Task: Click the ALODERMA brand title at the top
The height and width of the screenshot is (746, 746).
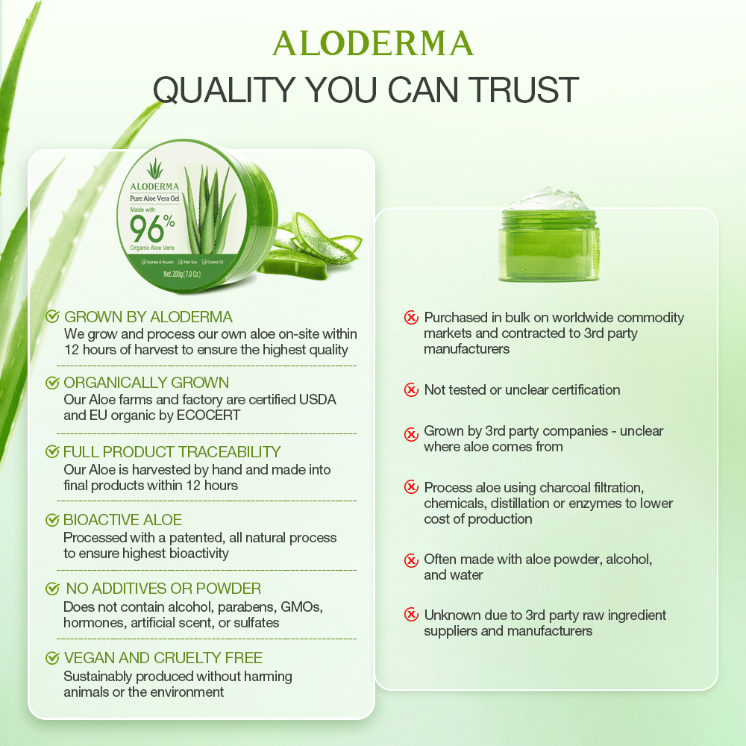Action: (x=373, y=44)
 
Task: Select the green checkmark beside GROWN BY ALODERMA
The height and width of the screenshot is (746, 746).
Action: (x=53, y=317)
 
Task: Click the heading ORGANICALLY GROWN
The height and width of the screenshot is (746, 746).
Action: (x=146, y=383)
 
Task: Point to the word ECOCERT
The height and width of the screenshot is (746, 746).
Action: (x=209, y=416)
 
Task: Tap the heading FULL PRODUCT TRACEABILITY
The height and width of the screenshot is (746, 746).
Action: (x=172, y=451)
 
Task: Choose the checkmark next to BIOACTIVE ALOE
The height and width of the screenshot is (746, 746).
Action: (x=53, y=520)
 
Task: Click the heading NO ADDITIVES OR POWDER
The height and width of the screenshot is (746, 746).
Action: (x=163, y=589)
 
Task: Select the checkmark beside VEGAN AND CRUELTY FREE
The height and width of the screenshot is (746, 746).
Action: (x=53, y=658)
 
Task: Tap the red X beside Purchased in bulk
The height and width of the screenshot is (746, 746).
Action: (x=411, y=318)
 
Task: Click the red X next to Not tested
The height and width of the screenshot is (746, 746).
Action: (x=411, y=389)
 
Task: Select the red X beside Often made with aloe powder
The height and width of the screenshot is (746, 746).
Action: (x=411, y=559)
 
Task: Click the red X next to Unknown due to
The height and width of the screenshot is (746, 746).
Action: (x=411, y=615)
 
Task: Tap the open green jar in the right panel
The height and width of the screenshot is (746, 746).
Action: (x=548, y=235)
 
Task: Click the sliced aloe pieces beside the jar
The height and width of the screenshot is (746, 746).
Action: (x=306, y=242)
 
